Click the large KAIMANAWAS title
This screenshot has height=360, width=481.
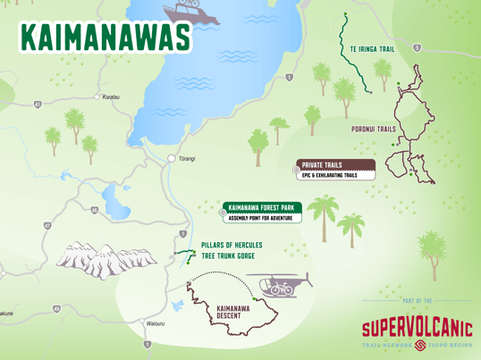tap(105, 37)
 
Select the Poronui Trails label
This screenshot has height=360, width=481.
tap(373, 130)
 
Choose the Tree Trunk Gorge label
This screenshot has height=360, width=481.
tap(228, 256)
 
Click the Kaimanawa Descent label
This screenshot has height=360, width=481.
tap(233, 312)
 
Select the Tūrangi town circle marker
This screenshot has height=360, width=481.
tap(172, 158)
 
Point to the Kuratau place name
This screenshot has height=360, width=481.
tap(111, 96)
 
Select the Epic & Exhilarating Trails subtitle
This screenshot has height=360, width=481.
tap(329, 175)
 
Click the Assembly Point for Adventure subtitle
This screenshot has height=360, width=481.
tap(260, 218)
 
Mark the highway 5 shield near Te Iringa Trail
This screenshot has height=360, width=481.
tap(418, 47)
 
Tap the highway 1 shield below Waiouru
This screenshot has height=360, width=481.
tap(148, 344)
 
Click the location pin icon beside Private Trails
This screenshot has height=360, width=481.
tap(297, 167)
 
